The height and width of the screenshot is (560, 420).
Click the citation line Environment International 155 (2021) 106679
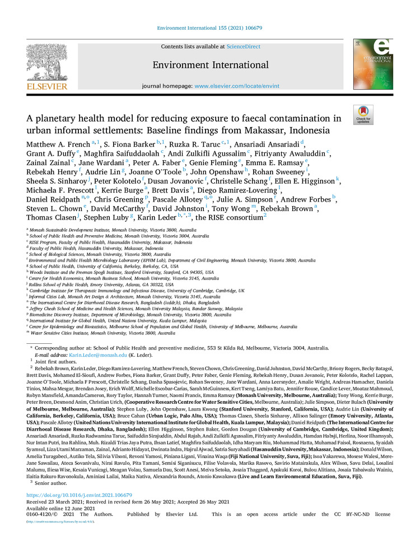click(209, 27)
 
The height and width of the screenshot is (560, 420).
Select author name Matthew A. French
click(58, 144)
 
